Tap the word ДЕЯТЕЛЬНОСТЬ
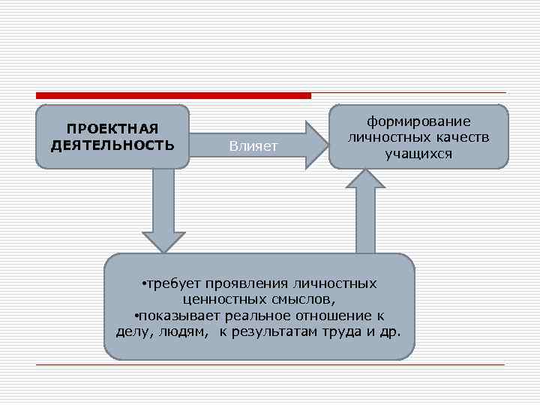[112, 144]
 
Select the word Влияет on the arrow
[253, 145]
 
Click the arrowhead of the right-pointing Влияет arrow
[315, 144]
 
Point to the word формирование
[418, 121]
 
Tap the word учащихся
[418, 154]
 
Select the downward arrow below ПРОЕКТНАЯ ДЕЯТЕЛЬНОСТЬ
[163, 214]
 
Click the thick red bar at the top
[173, 95]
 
